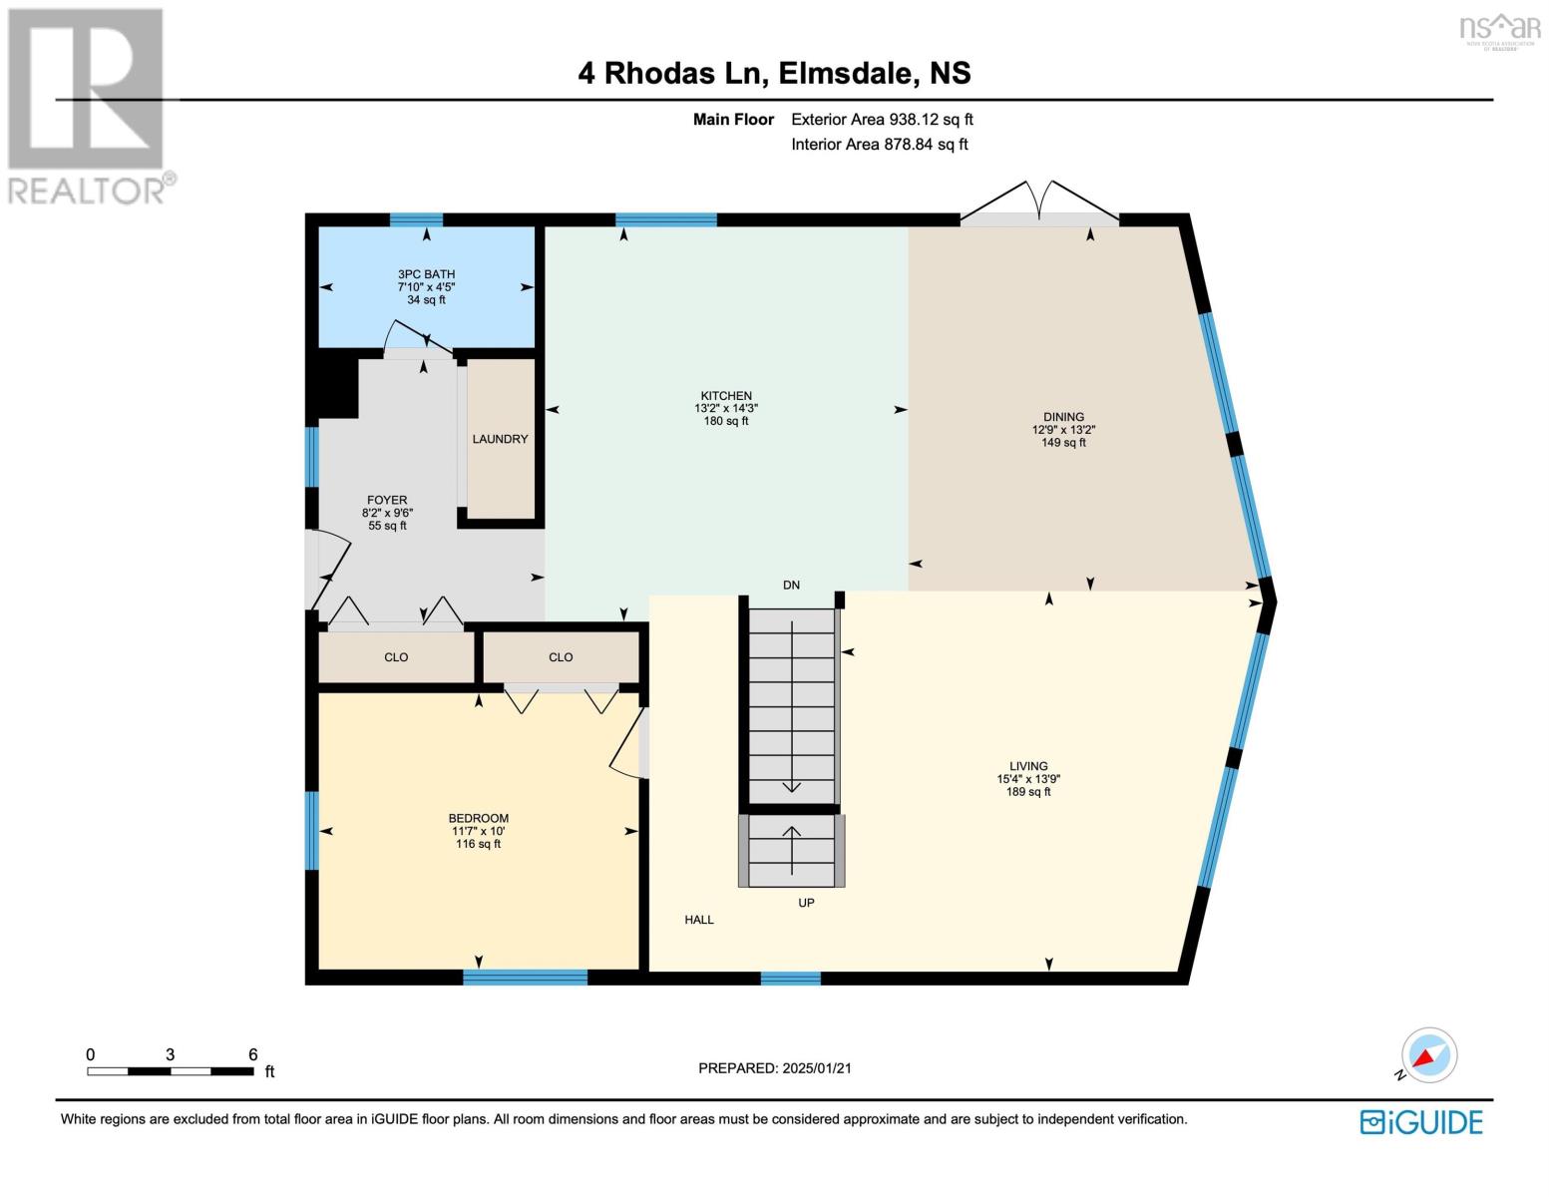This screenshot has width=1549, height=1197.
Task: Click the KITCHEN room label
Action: [x=725, y=396]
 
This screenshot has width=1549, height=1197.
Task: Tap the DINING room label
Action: [x=1063, y=417]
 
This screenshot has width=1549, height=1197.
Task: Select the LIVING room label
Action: [x=1027, y=766]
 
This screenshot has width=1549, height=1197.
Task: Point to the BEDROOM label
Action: [x=479, y=818]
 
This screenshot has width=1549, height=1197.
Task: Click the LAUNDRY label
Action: [x=500, y=439]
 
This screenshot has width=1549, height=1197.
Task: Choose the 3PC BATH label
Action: [x=426, y=274]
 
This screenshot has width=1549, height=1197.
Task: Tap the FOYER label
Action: [x=387, y=500]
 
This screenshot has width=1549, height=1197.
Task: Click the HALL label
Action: [x=699, y=920]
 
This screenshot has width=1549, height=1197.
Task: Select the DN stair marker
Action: [x=791, y=586]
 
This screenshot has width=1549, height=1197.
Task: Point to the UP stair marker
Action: [x=806, y=903]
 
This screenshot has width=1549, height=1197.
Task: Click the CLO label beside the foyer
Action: [x=396, y=657]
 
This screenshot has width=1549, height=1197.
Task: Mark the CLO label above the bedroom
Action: [x=561, y=657]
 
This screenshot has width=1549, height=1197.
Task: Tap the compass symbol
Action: [x=1428, y=1055]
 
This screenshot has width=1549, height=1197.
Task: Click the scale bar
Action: [x=170, y=1071]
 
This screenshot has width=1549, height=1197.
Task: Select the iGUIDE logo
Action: [x=1421, y=1122]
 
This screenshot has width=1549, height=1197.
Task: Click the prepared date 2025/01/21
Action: [x=775, y=1068]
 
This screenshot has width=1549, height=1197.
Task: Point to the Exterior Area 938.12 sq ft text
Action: [x=882, y=120]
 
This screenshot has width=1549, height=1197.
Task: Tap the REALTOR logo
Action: [x=88, y=105]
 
